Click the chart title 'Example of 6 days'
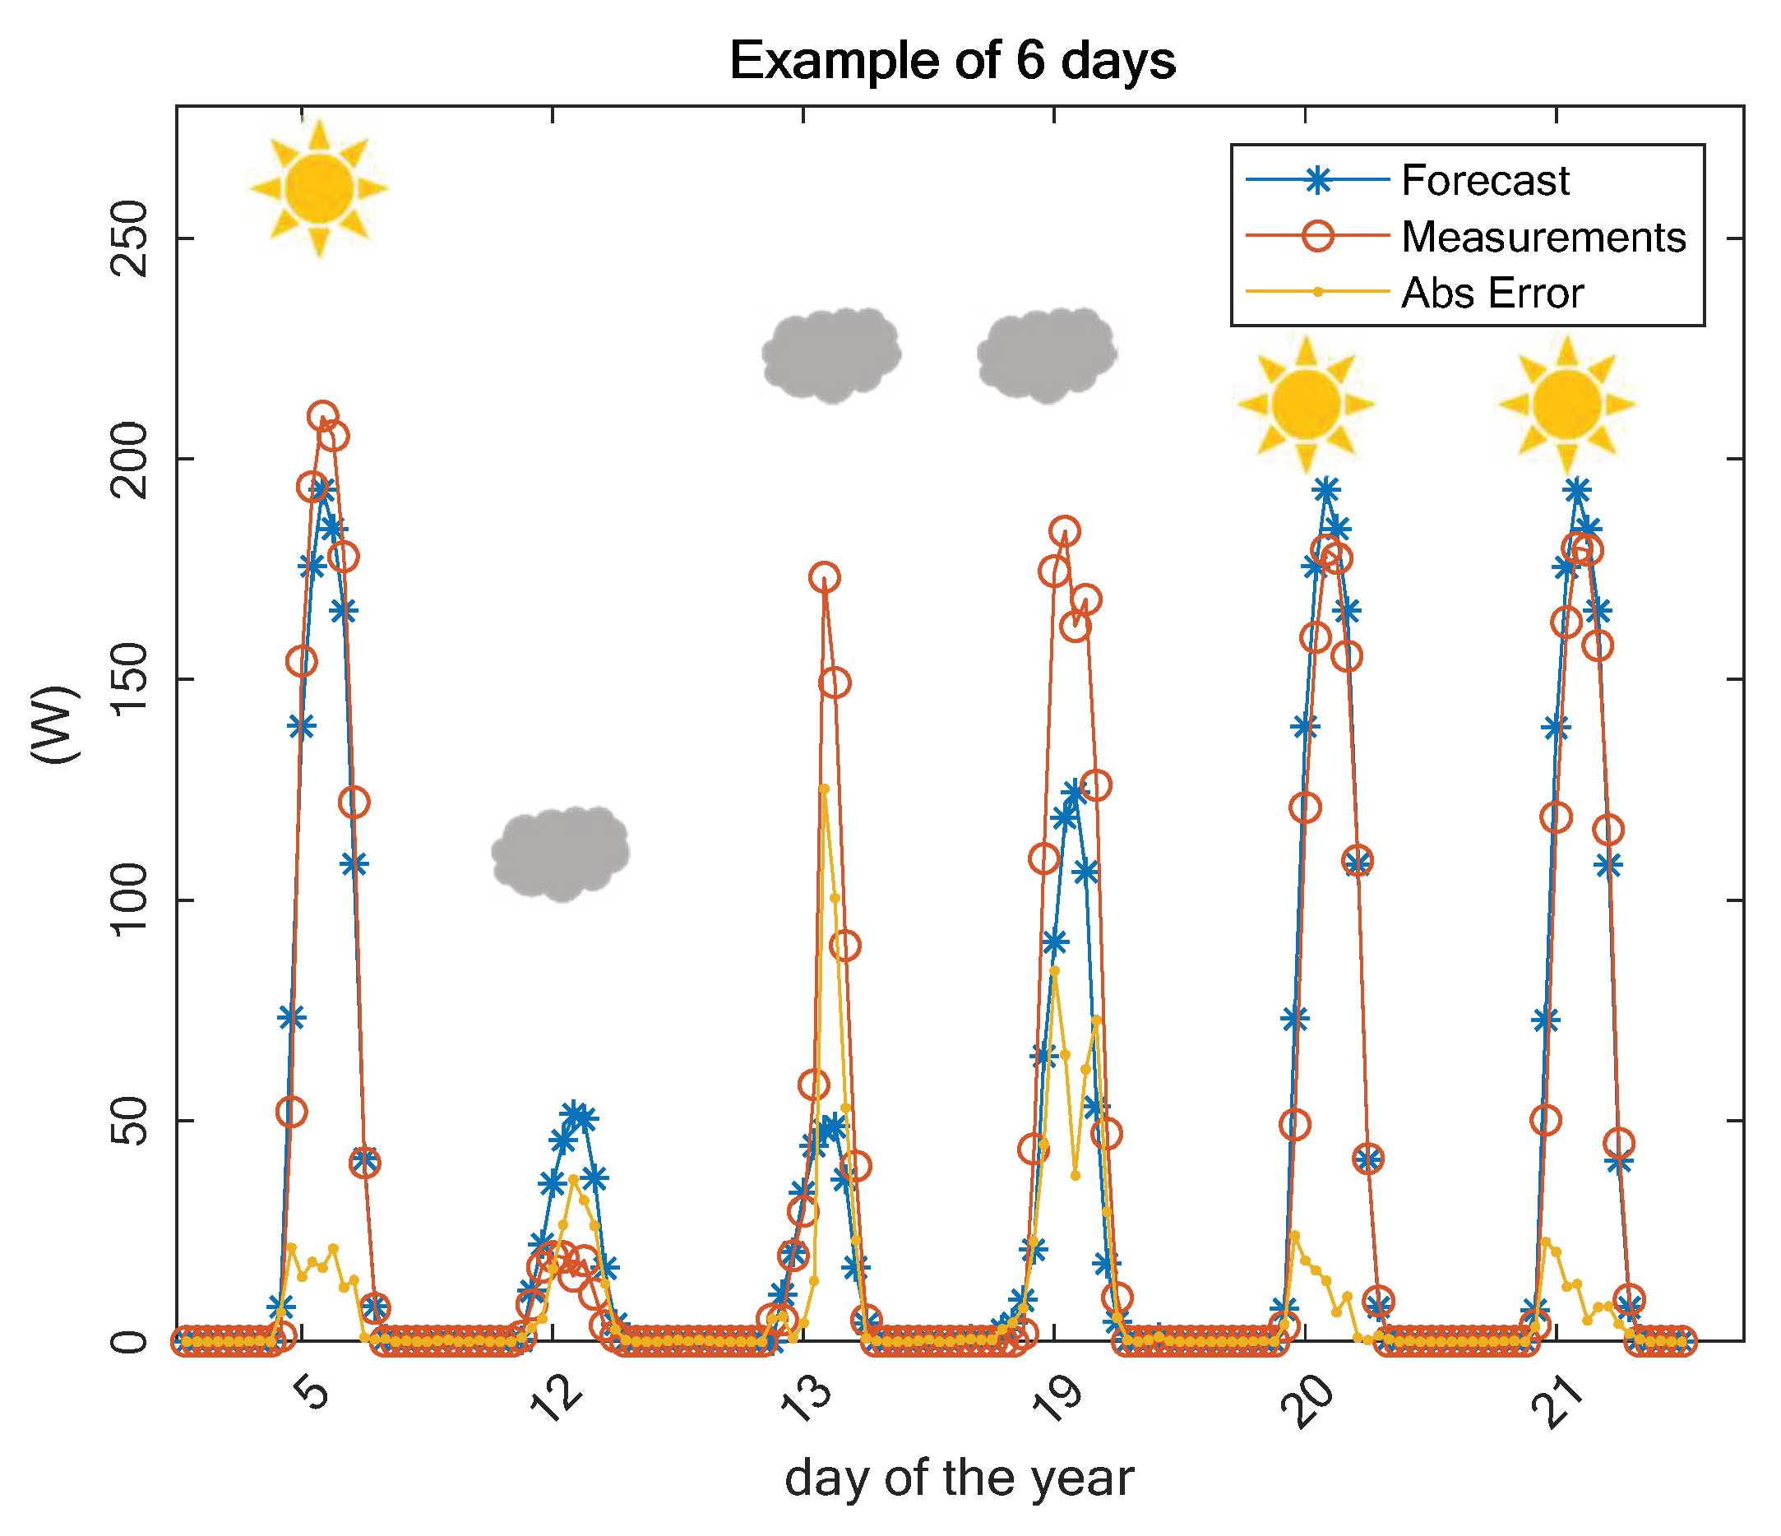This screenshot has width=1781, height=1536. click(x=952, y=61)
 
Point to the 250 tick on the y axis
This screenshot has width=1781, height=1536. click(x=130, y=238)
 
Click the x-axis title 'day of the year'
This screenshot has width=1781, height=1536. click(x=959, y=1478)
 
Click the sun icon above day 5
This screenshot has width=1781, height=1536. click(x=320, y=188)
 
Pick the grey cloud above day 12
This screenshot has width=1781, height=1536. click(x=561, y=853)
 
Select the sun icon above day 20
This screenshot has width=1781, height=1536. click(x=1307, y=403)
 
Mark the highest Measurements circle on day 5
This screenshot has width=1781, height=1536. click(x=322, y=416)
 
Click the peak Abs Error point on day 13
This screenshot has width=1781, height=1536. click(x=823, y=789)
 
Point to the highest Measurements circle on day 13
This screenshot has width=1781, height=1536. click(x=825, y=577)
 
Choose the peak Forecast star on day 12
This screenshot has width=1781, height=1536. click(x=573, y=1114)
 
